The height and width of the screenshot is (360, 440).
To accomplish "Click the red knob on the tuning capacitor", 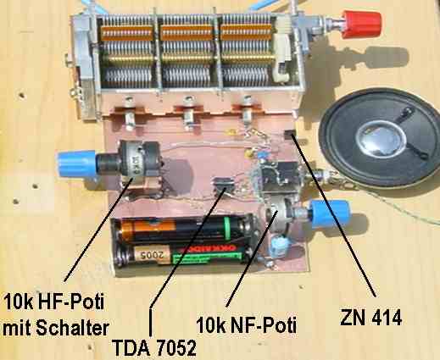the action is click(x=361, y=25).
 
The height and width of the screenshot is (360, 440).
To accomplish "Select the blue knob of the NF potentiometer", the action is click(x=329, y=213).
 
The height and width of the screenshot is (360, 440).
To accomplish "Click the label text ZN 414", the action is click(x=370, y=318).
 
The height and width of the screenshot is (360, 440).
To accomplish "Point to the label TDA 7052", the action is click(x=153, y=347).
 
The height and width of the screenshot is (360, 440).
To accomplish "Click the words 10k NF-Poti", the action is click(x=246, y=325).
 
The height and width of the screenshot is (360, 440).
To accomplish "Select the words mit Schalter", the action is click(x=56, y=328).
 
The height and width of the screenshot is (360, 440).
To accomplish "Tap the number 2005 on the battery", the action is click(x=152, y=255).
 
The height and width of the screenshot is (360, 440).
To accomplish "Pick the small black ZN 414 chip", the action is click(x=290, y=135).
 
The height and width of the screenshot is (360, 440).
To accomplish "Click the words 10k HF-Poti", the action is click(x=53, y=302).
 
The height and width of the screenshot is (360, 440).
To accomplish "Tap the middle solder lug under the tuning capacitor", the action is click(x=188, y=113).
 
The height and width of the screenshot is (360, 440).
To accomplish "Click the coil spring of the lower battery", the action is click(x=121, y=257).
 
